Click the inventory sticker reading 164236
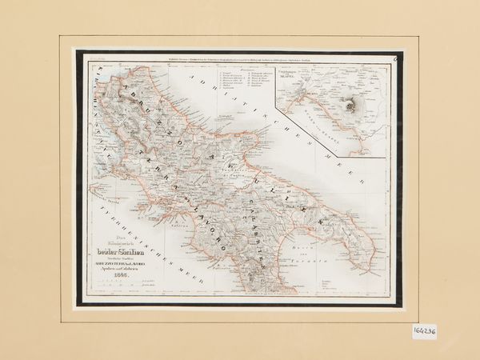[425, 330]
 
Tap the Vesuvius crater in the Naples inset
[352, 104]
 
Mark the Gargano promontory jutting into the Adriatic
[254, 144]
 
